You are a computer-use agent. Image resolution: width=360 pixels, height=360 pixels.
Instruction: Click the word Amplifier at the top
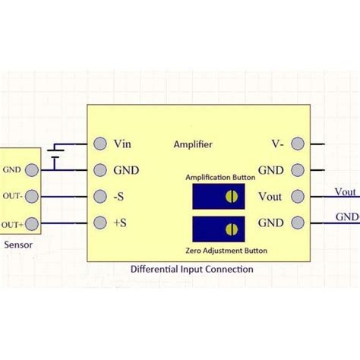pos(193,144)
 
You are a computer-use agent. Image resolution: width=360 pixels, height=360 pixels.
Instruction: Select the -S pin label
pos(120,197)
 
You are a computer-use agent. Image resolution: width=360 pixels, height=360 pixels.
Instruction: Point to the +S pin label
pos(121,223)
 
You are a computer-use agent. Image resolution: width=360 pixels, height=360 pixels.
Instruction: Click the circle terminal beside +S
pos(99,223)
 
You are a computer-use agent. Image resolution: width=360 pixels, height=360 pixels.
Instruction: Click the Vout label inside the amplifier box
pos(270,197)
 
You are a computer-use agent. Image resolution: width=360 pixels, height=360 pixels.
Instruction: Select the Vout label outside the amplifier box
pos(346,192)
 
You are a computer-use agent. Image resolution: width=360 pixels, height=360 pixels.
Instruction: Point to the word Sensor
pos(17,245)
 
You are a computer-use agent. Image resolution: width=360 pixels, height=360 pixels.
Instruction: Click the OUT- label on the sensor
pos(12,197)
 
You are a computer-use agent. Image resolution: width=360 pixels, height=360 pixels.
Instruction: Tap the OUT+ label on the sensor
pos(12,223)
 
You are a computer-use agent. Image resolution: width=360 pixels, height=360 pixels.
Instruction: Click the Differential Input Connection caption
pos(191,269)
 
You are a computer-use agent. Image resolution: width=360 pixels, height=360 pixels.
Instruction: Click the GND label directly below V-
pos(271,170)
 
